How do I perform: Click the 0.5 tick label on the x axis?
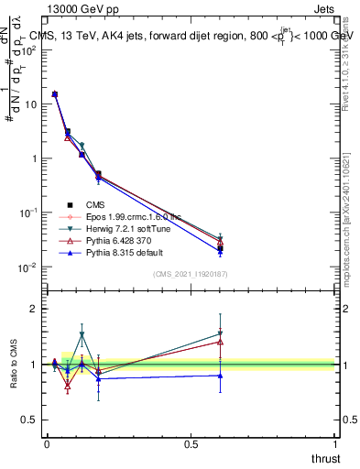pos(191,443)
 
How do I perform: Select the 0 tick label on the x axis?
pos(47,443)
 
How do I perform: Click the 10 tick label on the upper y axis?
pos(30,104)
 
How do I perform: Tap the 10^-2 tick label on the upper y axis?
pos(28,267)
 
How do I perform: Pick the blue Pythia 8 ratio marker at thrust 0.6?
pos(220,375)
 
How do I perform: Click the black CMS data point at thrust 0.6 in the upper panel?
pos(220,248)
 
